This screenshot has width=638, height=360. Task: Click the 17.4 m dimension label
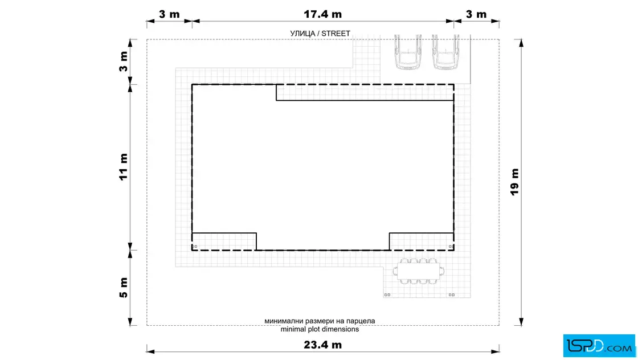click(x=322, y=14)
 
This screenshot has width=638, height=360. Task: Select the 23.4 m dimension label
click(x=322, y=345)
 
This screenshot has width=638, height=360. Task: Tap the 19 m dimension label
click(x=515, y=182)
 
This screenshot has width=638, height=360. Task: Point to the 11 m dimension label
click(x=123, y=167)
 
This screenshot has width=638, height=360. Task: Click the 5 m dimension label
click(x=123, y=288)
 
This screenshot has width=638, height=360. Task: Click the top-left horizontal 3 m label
click(x=169, y=14)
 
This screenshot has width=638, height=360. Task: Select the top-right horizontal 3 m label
click(x=476, y=14)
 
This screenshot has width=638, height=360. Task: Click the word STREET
click(x=336, y=34)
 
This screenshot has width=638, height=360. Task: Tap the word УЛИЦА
click(x=302, y=34)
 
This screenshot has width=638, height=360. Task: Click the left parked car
click(x=408, y=52)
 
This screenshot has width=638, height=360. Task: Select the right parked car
click(x=445, y=52)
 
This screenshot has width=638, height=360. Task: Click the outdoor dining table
click(x=418, y=271)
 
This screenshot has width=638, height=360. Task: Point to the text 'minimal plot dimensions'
click(x=320, y=329)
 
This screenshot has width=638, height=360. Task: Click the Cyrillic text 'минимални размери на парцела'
click(x=320, y=321)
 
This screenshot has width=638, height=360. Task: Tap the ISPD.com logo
click(x=599, y=346)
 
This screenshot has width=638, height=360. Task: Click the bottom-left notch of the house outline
click(x=224, y=242)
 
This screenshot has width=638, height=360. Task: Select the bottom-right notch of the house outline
click(x=422, y=242)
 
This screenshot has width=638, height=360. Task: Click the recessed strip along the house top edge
click(x=365, y=92)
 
